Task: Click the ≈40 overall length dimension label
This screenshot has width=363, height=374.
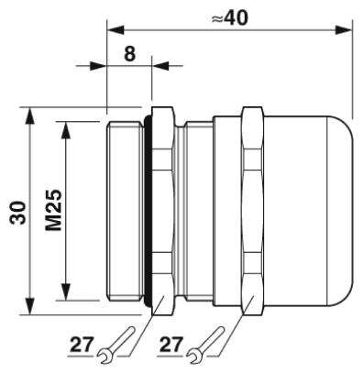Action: click(230, 17)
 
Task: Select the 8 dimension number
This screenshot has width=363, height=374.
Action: click(129, 54)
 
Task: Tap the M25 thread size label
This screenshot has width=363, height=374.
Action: click(54, 210)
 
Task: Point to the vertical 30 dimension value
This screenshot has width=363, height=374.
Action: click(17, 213)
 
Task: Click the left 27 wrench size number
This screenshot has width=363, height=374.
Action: click(82, 345)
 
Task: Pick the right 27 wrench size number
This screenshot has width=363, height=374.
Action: click(171, 345)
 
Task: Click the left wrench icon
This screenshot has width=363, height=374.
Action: click(116, 346)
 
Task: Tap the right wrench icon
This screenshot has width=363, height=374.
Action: click(205, 346)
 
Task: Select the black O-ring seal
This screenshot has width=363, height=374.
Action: click(148, 211)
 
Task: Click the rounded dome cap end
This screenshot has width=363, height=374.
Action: click(339, 211)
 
